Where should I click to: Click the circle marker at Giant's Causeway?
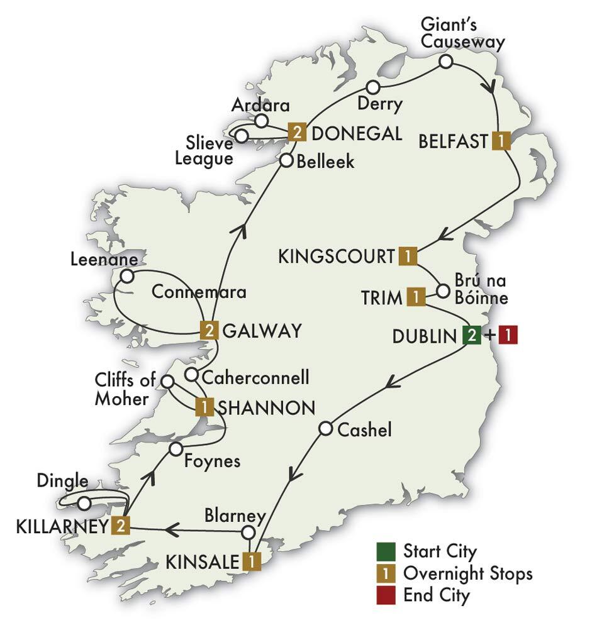pos(445,61)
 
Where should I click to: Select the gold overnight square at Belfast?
pos(500,140)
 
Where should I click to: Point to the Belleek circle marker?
pos(286,160)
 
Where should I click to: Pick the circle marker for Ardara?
pos(261,120)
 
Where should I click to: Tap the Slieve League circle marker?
pos(240,135)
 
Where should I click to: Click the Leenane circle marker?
pos(127,276)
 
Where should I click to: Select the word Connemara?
pos(198,292)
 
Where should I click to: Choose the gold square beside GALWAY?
pos(209,329)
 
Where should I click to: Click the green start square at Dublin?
pos(471,336)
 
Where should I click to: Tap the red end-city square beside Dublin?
pos(508,336)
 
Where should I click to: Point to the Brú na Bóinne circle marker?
pos(443,291)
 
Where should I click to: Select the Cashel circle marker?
pos(325,429)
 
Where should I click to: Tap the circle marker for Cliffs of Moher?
pos(167,381)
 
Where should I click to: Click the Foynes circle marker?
pos(176,449)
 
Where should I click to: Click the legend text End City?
pos(436,595)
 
